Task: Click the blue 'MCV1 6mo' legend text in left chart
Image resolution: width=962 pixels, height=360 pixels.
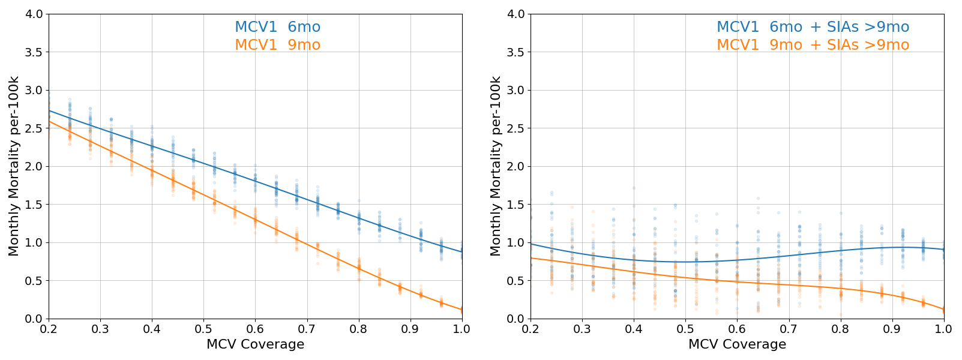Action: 277,27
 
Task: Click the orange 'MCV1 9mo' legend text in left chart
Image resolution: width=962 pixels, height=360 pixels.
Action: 277,45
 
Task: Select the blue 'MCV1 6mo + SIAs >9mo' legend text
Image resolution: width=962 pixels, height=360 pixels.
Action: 813,27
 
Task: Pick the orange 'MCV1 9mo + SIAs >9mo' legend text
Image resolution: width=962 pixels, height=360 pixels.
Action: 813,45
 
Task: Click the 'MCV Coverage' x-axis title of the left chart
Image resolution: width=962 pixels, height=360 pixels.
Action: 255,344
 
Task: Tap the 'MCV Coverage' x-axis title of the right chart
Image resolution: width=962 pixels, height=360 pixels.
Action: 737,344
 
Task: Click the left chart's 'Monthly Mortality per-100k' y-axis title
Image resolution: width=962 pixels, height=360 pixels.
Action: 14,166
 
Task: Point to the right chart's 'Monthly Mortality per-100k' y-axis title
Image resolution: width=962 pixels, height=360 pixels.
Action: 496,166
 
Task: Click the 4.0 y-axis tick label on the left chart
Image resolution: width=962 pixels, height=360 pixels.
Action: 34,14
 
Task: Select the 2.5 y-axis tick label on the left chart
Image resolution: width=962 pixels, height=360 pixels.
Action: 34,128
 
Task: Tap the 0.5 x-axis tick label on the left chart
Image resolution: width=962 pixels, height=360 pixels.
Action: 203,329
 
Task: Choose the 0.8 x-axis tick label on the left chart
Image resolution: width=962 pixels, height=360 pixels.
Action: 359,329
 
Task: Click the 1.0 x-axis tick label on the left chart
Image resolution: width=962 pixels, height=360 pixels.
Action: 461,329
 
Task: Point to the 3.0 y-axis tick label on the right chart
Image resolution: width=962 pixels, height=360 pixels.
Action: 516,90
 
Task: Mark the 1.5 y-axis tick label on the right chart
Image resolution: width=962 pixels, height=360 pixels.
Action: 516,205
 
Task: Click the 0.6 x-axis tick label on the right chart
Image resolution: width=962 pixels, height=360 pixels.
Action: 737,329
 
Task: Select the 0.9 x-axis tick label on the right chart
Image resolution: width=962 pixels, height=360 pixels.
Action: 892,329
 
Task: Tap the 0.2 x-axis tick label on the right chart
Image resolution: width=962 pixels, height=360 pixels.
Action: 531,329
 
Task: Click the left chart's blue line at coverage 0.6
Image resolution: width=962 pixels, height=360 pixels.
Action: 255,179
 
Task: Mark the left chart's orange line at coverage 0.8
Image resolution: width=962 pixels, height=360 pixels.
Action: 359,267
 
